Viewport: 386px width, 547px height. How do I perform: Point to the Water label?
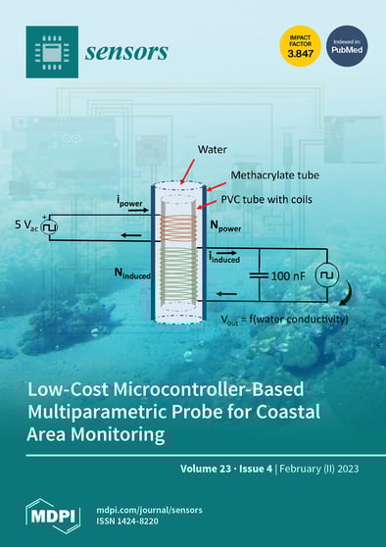[x=213, y=151]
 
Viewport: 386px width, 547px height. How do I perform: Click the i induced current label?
[x=235, y=258]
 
